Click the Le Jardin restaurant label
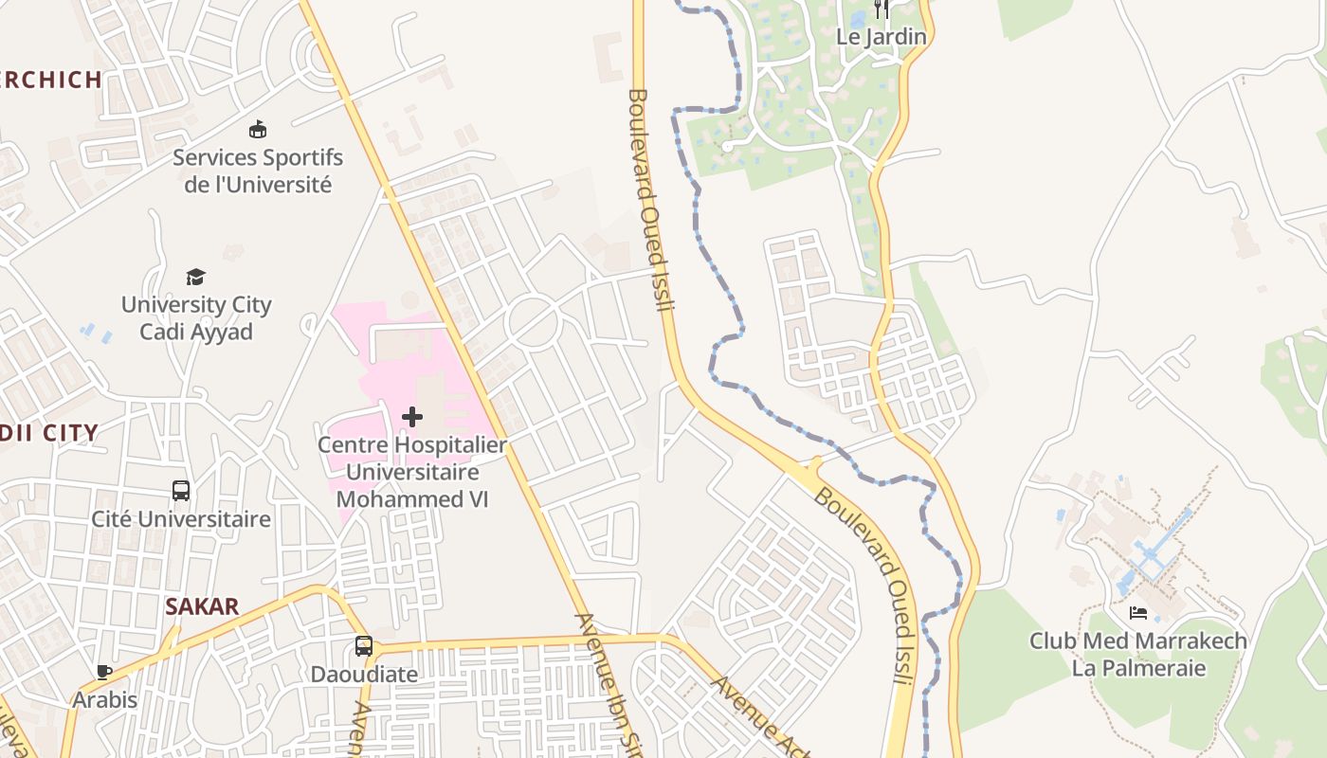881,37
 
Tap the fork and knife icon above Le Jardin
882,9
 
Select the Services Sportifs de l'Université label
258,171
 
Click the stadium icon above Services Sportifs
257,129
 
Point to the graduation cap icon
195,277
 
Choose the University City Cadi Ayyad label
196,318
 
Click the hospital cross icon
412,416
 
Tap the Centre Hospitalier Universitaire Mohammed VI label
412,471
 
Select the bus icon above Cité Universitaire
181,491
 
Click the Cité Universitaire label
181,519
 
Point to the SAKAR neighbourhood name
202,607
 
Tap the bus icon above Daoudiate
364,646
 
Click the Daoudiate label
364,675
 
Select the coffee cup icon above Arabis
104,672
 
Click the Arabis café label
105,700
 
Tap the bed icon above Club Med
1138,613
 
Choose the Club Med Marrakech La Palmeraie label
1138,654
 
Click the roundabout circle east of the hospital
532,322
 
